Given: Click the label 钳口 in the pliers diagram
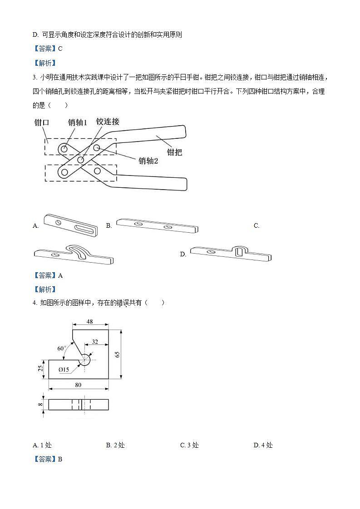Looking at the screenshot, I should click(42, 123).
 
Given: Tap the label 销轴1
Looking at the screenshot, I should click(77, 122).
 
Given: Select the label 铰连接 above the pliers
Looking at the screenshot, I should click(108, 121).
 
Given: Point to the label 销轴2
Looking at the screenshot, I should click(148, 161).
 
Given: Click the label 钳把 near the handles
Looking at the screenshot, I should click(174, 152).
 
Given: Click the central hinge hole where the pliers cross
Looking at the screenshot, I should click(81, 160).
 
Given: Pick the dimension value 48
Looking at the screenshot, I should click(89, 322).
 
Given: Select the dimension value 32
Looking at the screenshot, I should click(95, 342).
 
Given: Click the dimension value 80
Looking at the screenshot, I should click(78, 385).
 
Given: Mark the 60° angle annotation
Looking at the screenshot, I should click(62, 348).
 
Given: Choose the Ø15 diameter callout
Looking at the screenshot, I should click(64, 370).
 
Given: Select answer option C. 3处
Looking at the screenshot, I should click(189, 445).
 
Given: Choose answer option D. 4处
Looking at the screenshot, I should click(263, 445).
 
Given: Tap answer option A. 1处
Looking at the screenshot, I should click(42, 445).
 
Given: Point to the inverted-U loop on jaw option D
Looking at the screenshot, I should click(239, 250).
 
